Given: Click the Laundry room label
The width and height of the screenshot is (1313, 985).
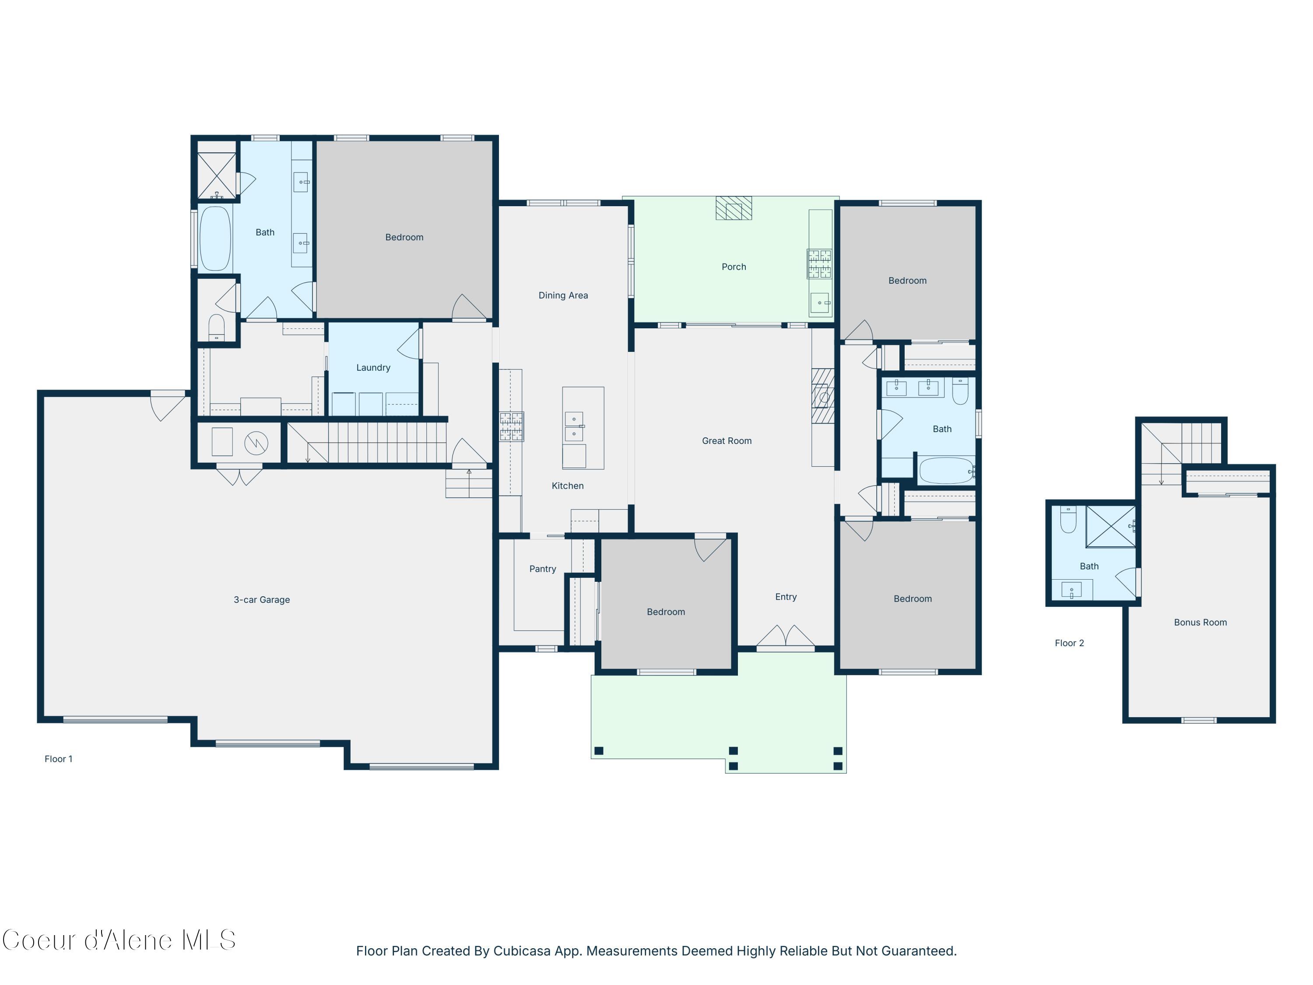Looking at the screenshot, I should [373, 368].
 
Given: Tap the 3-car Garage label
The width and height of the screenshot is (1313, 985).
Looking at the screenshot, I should [262, 600].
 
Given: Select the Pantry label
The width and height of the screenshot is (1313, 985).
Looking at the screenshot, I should [543, 569].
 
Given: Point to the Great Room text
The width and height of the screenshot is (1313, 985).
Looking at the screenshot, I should [727, 440].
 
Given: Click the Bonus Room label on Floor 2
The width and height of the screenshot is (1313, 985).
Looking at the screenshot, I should [1200, 622].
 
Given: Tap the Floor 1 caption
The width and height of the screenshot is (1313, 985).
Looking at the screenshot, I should [58, 759].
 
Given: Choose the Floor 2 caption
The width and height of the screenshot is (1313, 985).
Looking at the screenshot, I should [1069, 643].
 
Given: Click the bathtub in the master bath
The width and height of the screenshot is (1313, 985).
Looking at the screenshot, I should [215, 238].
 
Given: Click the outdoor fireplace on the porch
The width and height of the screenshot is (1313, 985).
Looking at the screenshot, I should [734, 208].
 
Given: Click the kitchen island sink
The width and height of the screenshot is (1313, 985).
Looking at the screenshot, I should [573, 426].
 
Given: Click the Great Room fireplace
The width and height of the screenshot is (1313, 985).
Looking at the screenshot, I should [823, 396].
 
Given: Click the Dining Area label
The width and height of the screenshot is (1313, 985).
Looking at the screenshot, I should [563, 295].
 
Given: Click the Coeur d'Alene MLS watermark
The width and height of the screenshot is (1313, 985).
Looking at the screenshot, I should [119, 940].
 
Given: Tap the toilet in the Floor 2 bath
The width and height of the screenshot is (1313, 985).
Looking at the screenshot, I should [1068, 520].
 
